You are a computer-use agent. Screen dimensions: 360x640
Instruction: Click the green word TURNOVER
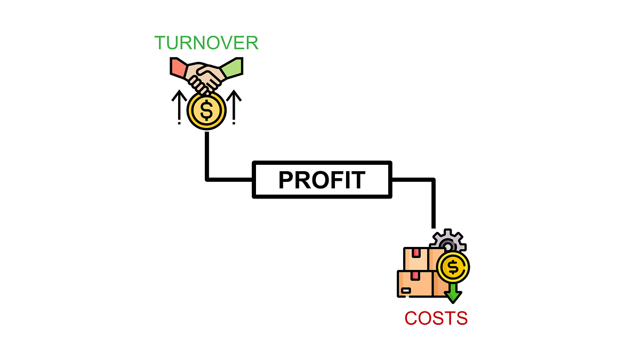[x=206, y=43]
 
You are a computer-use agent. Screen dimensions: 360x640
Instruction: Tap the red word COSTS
[x=436, y=318]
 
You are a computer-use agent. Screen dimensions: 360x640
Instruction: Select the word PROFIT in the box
[x=322, y=180]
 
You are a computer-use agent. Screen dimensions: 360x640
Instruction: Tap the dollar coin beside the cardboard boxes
[x=453, y=267]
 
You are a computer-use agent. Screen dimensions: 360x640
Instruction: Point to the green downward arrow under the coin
[x=453, y=293]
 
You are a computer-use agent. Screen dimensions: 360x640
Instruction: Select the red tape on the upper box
[x=415, y=251]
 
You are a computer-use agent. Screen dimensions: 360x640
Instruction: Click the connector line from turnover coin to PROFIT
[x=207, y=160]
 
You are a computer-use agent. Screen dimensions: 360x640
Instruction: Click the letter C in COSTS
[x=411, y=318]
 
